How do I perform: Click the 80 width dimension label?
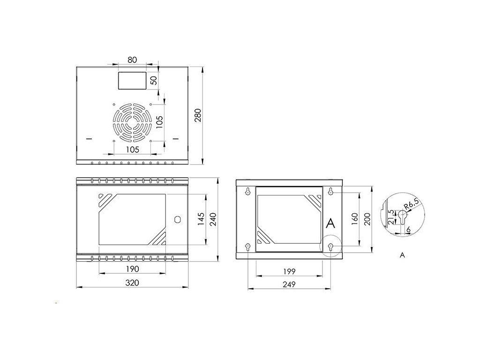click(x=132, y=60)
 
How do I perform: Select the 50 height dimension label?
click(x=154, y=80)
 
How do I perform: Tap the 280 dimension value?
click(x=198, y=115)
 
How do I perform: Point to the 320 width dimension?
click(x=132, y=283)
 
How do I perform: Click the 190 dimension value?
click(x=132, y=269)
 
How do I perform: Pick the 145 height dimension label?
click(x=201, y=219)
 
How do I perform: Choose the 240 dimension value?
click(x=213, y=219)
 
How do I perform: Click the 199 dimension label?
click(x=289, y=271)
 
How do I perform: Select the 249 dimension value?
click(x=289, y=285)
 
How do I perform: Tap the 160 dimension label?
click(x=355, y=219)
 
